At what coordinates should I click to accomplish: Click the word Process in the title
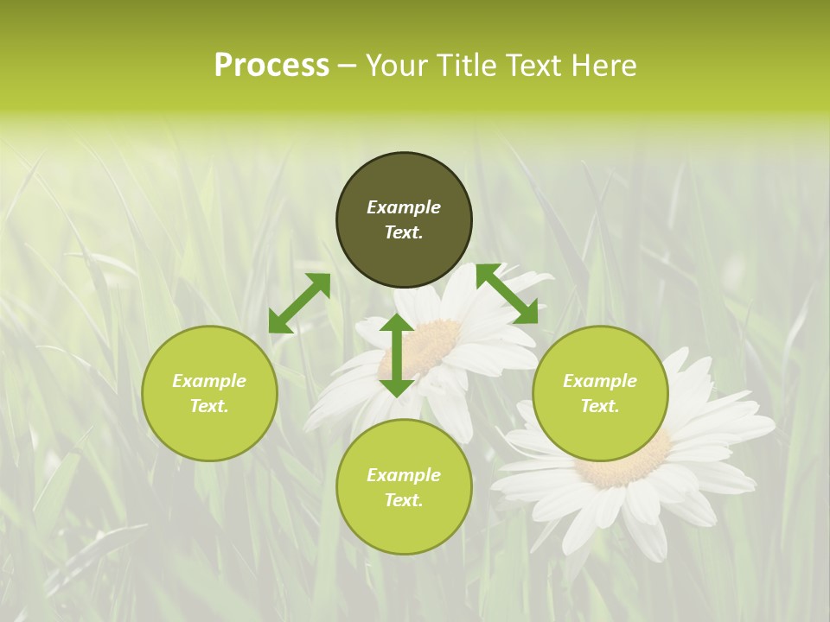pos(271,66)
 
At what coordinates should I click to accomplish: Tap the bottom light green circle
pos(404,527)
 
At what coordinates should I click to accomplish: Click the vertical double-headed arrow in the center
pos(397,355)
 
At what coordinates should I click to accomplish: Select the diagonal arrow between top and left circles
pos(299,302)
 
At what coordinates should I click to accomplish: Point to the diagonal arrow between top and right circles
pos(507,294)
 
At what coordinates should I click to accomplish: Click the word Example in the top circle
pos(404,207)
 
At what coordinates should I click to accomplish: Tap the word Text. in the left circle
pos(209,406)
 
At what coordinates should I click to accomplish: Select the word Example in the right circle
pos(600,381)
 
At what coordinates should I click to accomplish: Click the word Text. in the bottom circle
pos(404,500)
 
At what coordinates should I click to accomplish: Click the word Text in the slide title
pos(535,66)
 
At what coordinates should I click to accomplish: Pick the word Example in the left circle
pos(209,381)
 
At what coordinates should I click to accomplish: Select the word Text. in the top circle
pos(404,232)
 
